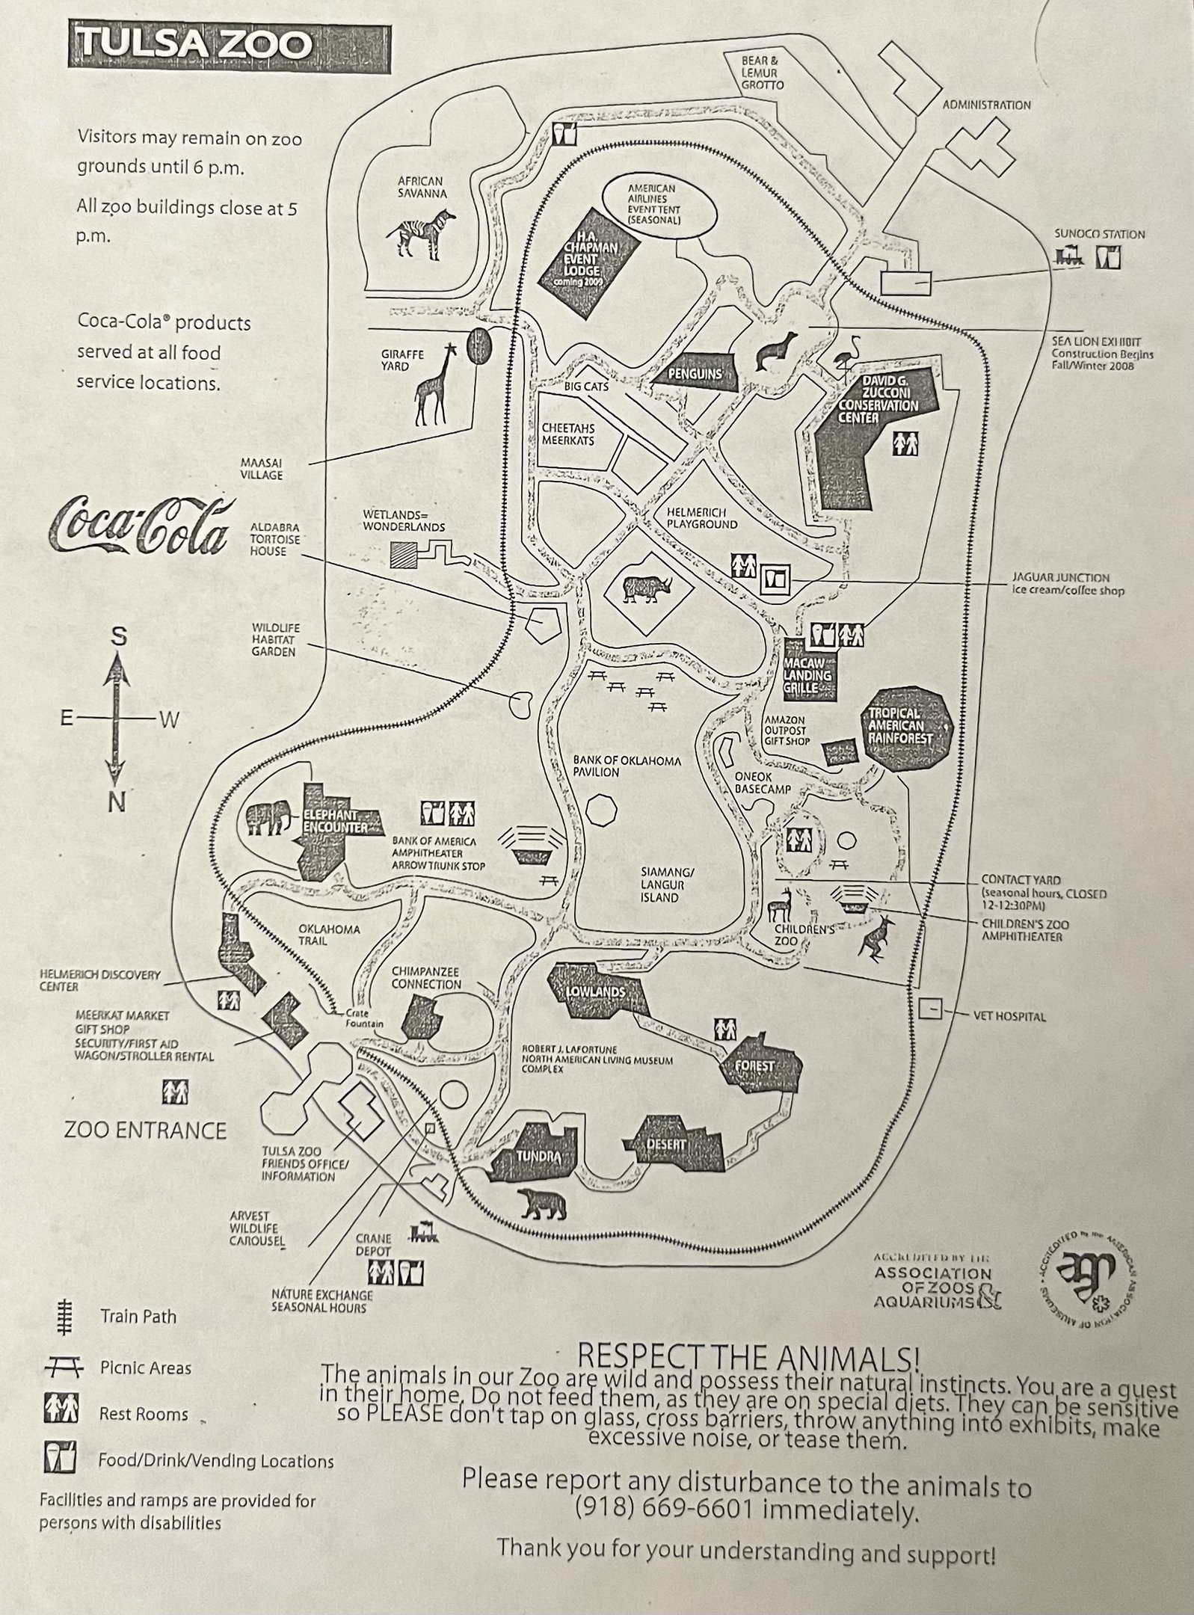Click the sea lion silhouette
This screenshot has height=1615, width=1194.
click(x=775, y=351)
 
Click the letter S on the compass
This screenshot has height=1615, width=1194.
click(x=118, y=638)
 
